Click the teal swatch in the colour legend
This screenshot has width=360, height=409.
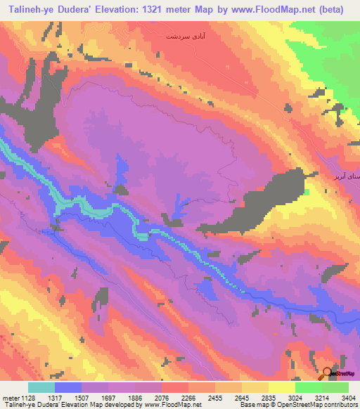(41, 387)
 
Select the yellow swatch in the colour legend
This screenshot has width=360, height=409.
(281, 387)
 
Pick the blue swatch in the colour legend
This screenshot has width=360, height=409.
(68, 387)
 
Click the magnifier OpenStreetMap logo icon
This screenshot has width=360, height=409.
(328, 374)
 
